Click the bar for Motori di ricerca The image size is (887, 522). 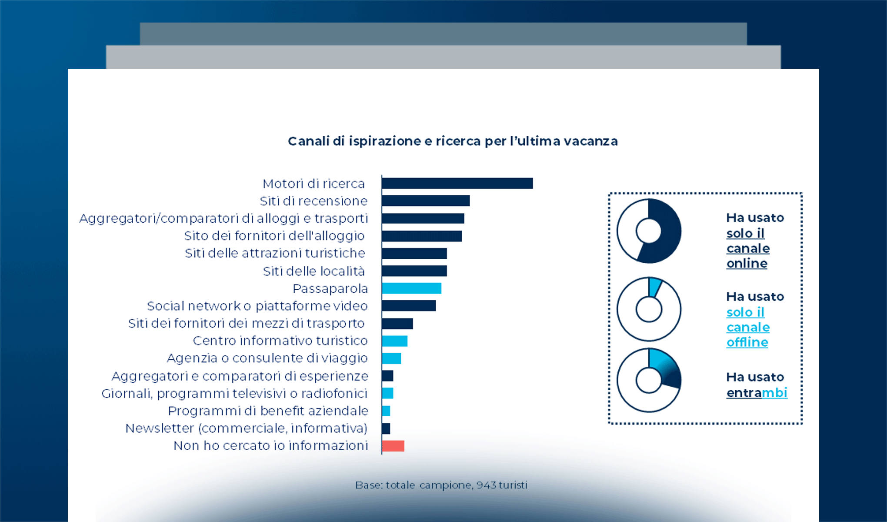pyautogui.click(x=457, y=184)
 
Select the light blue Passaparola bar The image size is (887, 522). pyautogui.click(x=411, y=288)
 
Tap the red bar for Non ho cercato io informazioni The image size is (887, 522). pyautogui.click(x=393, y=446)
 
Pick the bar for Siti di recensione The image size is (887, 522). pyautogui.click(x=426, y=201)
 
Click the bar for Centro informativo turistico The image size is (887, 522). pyautogui.click(x=395, y=341)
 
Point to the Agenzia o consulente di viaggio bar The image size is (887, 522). pyautogui.click(x=391, y=358)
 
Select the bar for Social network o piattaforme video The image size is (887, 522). pyautogui.click(x=409, y=306)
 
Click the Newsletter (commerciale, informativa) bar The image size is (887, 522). pyautogui.click(x=386, y=428)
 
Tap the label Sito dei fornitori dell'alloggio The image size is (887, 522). pyautogui.click(x=274, y=236)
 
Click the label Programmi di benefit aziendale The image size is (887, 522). pyautogui.click(x=268, y=411)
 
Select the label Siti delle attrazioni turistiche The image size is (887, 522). pyautogui.click(x=275, y=253)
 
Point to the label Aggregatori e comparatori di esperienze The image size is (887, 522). pyautogui.click(x=240, y=376)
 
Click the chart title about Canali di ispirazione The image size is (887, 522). pyautogui.click(x=453, y=141)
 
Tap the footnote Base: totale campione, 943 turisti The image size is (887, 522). pyautogui.click(x=441, y=485)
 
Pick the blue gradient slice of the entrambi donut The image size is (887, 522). pyautogui.click(x=665, y=368)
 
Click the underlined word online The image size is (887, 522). pyautogui.click(x=747, y=264)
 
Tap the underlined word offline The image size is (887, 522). pyautogui.click(x=747, y=343)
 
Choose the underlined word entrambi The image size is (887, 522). pyautogui.click(x=757, y=393)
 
